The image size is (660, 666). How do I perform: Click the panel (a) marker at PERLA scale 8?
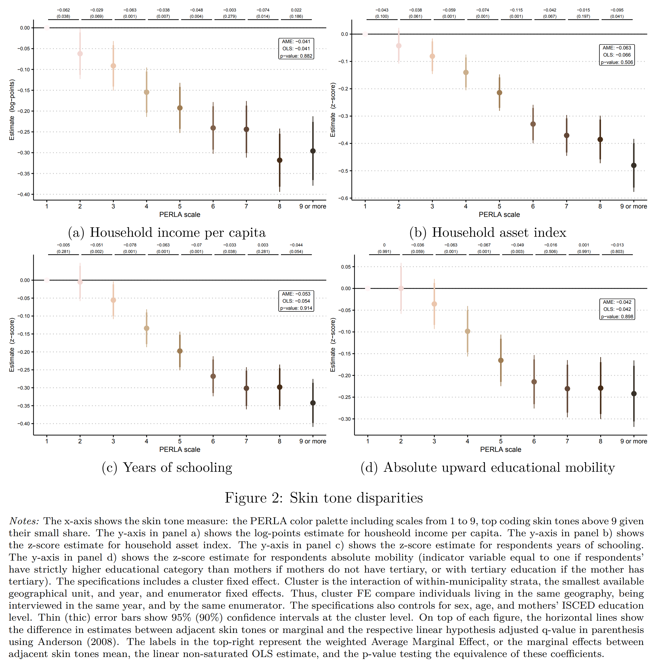(279, 160)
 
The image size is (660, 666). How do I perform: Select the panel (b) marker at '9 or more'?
(634, 166)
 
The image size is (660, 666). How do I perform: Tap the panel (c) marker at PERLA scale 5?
(180, 351)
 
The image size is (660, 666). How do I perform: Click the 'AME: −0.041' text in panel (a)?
(296, 41)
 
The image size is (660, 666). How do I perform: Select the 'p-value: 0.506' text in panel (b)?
(617, 62)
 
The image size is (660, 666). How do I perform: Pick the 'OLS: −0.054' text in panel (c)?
(296, 301)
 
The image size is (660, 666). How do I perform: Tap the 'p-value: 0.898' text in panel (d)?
(617, 316)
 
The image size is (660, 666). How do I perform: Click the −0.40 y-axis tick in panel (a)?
(24, 195)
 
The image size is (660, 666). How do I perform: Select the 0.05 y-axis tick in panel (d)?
(346, 267)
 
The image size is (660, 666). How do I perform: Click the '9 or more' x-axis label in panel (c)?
(313, 441)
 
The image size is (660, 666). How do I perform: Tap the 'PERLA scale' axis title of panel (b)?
(499, 214)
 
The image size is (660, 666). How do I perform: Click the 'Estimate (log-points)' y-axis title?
(12, 110)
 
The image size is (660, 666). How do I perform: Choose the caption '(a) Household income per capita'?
(167, 232)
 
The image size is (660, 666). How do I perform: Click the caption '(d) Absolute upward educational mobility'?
(487, 467)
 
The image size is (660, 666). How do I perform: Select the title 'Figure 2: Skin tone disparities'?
(323, 498)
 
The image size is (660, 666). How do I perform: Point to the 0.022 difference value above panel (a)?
(296, 10)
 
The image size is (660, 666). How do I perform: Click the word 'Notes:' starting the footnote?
(24, 521)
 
